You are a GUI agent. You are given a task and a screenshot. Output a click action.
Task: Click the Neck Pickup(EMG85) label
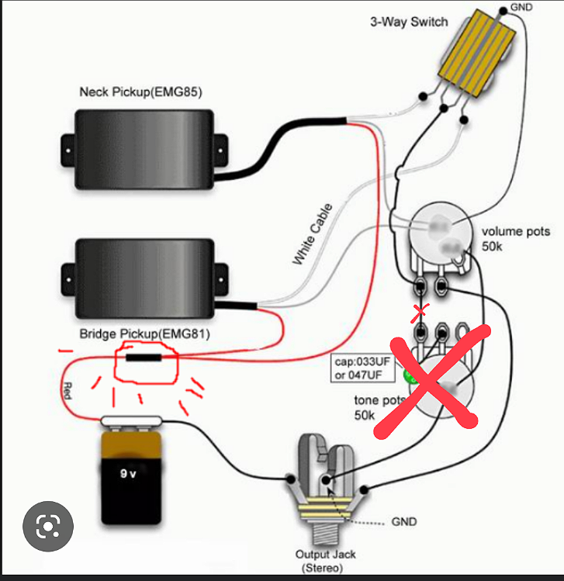tap(140, 92)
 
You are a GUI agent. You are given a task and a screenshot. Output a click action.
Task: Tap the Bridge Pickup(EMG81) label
tap(145, 334)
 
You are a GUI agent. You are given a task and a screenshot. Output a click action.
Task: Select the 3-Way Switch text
tap(409, 22)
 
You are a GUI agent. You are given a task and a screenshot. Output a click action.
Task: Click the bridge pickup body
tap(144, 278)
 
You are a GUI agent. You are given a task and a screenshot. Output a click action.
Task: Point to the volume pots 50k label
tap(515, 238)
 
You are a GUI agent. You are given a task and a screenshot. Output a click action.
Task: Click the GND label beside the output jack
tap(403, 521)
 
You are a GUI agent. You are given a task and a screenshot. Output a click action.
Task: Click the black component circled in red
tap(144, 358)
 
